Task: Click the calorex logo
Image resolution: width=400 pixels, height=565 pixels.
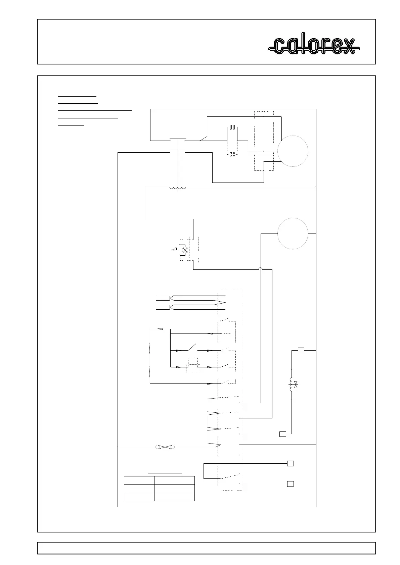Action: tap(314, 46)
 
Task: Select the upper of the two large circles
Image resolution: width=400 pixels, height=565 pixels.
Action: tap(293, 151)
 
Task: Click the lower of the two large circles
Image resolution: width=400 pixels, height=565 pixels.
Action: tap(293, 233)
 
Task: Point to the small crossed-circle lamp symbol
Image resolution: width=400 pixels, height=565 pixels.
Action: tap(184, 250)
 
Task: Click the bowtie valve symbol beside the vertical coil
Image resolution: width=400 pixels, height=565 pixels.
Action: tap(296, 385)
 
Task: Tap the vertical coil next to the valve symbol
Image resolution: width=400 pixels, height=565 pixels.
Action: tap(291, 385)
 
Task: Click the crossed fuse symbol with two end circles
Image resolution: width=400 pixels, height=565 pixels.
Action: tap(166, 447)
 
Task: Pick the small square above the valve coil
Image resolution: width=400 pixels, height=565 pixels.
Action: tap(301, 351)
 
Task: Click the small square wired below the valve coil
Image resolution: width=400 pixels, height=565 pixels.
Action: tap(283, 434)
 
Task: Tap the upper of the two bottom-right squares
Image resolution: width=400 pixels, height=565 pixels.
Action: tap(291, 463)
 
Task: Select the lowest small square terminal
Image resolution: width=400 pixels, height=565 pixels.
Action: tap(291, 484)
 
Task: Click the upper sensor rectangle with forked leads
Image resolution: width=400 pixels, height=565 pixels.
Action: tap(163, 298)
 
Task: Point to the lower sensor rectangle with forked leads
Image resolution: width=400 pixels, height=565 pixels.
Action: tap(163, 307)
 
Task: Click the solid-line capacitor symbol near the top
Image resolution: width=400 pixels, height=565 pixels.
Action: tap(232, 128)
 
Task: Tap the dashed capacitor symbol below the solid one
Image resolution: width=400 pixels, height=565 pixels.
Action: tap(232, 155)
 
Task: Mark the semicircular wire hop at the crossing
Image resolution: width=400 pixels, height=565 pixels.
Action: tap(261, 269)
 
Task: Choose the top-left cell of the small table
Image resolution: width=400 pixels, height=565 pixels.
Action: tap(139, 480)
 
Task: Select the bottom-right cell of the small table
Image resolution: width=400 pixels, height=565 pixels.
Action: tap(174, 497)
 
